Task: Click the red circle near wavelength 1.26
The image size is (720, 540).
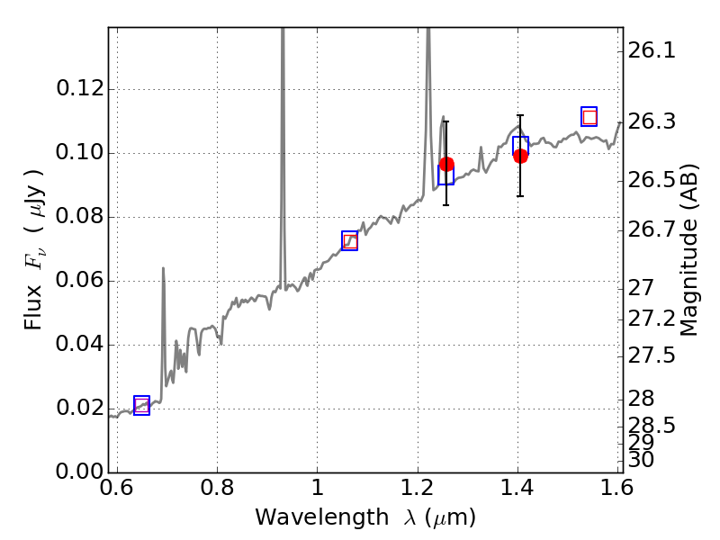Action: point(446,164)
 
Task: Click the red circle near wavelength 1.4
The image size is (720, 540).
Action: point(520,156)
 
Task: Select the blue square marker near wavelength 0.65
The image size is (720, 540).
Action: point(141,406)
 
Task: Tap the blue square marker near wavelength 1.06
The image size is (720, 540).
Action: point(350,241)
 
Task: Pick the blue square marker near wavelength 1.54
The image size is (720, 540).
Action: point(589,116)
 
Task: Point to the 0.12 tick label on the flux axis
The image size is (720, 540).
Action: point(78,89)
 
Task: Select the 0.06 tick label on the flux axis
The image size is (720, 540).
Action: point(78,281)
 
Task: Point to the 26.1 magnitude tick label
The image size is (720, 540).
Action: point(652,51)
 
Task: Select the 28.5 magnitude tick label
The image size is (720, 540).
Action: point(652,424)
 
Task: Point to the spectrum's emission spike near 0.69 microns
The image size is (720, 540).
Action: point(163,269)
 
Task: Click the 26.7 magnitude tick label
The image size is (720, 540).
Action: point(652,231)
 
